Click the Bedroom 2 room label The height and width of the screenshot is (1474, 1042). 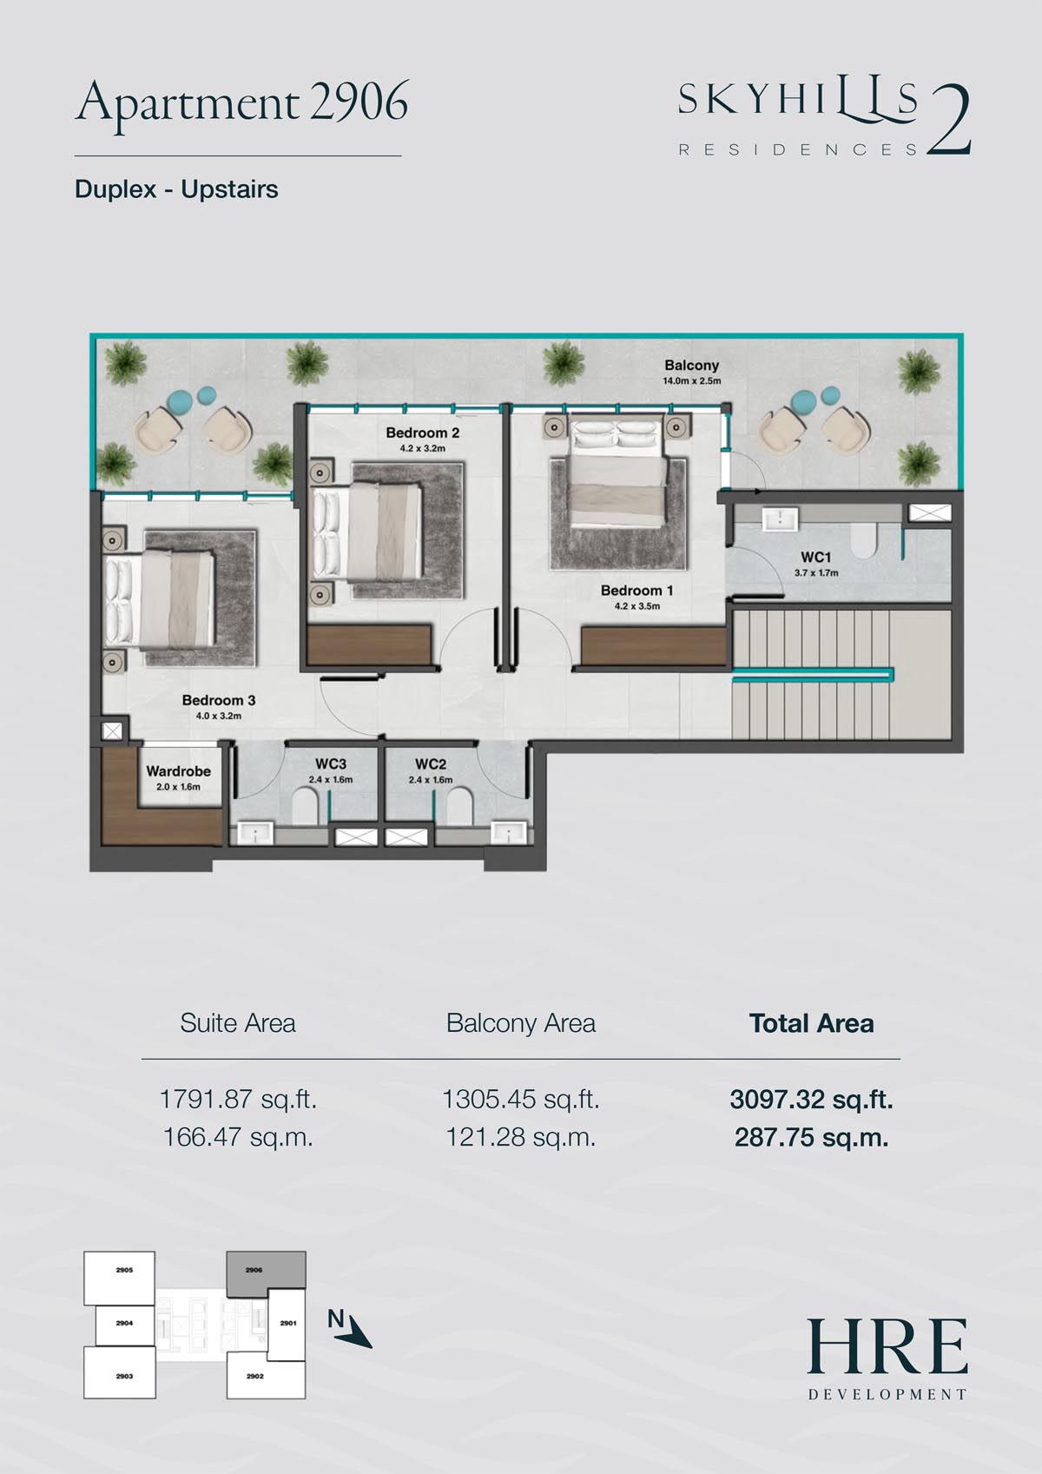(x=422, y=433)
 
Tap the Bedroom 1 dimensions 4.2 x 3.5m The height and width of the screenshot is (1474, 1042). (x=636, y=606)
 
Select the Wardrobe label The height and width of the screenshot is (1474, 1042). (x=178, y=771)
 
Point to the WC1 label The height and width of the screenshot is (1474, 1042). (x=815, y=558)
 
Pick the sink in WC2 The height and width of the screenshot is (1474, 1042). (x=509, y=833)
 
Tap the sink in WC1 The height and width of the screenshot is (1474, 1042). (x=780, y=519)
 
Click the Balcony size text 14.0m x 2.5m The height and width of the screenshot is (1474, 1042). (x=691, y=381)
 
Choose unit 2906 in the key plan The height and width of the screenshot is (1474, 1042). (x=266, y=1270)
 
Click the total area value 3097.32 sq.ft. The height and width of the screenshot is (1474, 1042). (x=811, y=1100)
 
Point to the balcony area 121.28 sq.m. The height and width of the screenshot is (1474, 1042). (x=520, y=1137)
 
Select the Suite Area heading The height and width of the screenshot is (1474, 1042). (x=237, y=1023)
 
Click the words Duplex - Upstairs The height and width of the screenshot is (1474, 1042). (x=176, y=189)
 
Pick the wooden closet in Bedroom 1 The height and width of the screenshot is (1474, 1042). (x=654, y=646)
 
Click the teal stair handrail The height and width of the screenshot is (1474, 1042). (x=813, y=673)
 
